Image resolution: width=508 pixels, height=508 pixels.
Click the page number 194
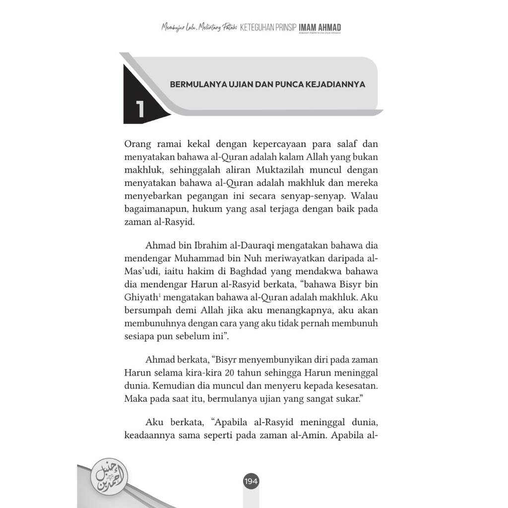click(x=251, y=481)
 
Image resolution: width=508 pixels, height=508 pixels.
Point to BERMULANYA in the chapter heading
click(x=195, y=84)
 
